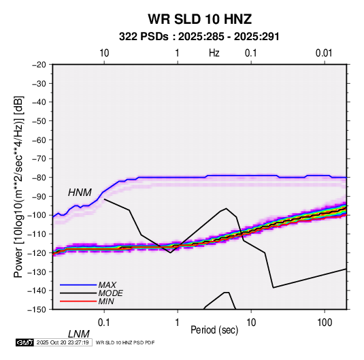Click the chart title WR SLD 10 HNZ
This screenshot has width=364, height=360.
pos(200,19)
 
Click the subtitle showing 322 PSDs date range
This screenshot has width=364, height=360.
pos(199,37)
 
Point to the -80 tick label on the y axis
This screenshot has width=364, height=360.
pos(39,178)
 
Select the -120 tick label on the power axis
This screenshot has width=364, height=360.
pos(37,252)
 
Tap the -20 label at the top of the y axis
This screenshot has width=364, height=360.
pos(39,65)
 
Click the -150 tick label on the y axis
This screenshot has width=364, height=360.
pos(37,310)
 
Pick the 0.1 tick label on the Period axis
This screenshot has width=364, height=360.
pos(103,323)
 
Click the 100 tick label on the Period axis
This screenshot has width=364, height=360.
pos(324,323)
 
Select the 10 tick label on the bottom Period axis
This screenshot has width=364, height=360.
pos(251,323)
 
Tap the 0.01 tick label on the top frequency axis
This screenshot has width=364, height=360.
pos(324,53)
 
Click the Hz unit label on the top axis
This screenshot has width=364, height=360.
pos(214,53)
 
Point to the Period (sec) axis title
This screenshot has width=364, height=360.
pos(214,330)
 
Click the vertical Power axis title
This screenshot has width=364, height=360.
pos(18,186)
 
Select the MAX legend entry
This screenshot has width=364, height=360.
pos(107,284)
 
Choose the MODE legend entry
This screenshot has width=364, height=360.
pos(110,293)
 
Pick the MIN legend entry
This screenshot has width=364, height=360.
pos(106,301)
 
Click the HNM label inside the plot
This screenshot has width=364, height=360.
pos(80,193)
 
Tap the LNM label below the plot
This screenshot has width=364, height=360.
pos(79,334)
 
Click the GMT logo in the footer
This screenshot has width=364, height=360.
pos(24,342)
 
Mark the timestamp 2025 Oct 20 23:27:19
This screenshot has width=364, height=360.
pos(63,342)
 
